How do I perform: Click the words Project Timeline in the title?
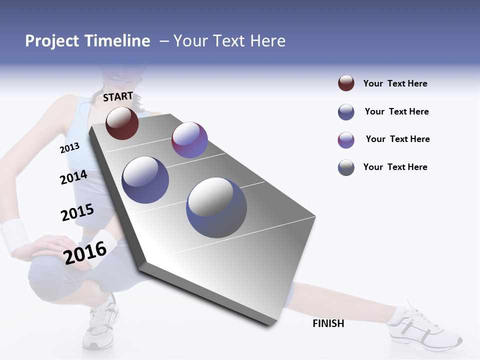[87, 41]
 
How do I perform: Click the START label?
[118, 96]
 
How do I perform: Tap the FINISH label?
[328, 323]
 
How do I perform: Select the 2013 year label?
[69, 147]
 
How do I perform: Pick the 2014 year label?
[73, 177]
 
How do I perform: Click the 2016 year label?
[85, 252]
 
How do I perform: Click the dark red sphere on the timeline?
[122, 123]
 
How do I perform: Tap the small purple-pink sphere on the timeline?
[189, 140]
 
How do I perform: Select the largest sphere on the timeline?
[216, 207]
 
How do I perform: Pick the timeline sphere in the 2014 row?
[145, 180]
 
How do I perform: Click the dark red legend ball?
[346, 83]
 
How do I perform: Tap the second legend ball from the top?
[346, 112]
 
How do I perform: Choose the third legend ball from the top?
[346, 140]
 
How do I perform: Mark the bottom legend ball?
[346, 167]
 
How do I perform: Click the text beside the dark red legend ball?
[395, 83]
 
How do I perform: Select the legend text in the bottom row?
[395, 167]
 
